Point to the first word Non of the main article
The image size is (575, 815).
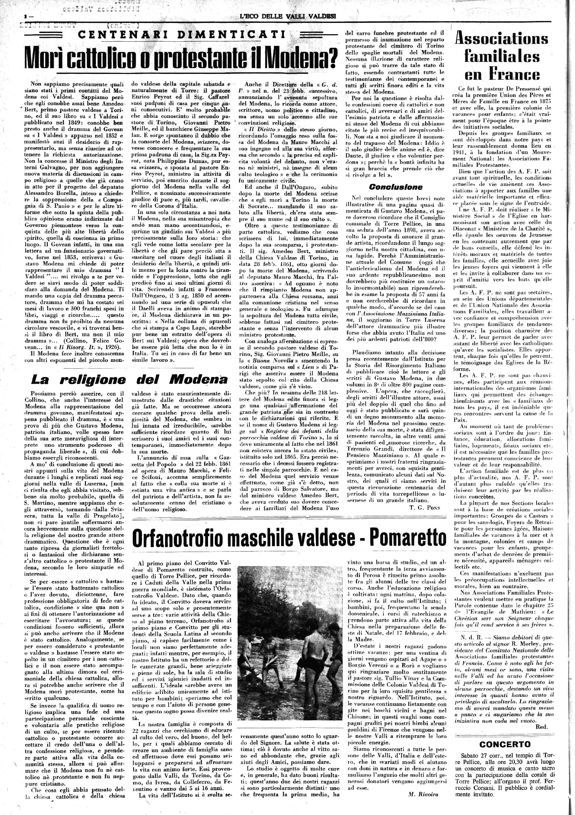[36, 84]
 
